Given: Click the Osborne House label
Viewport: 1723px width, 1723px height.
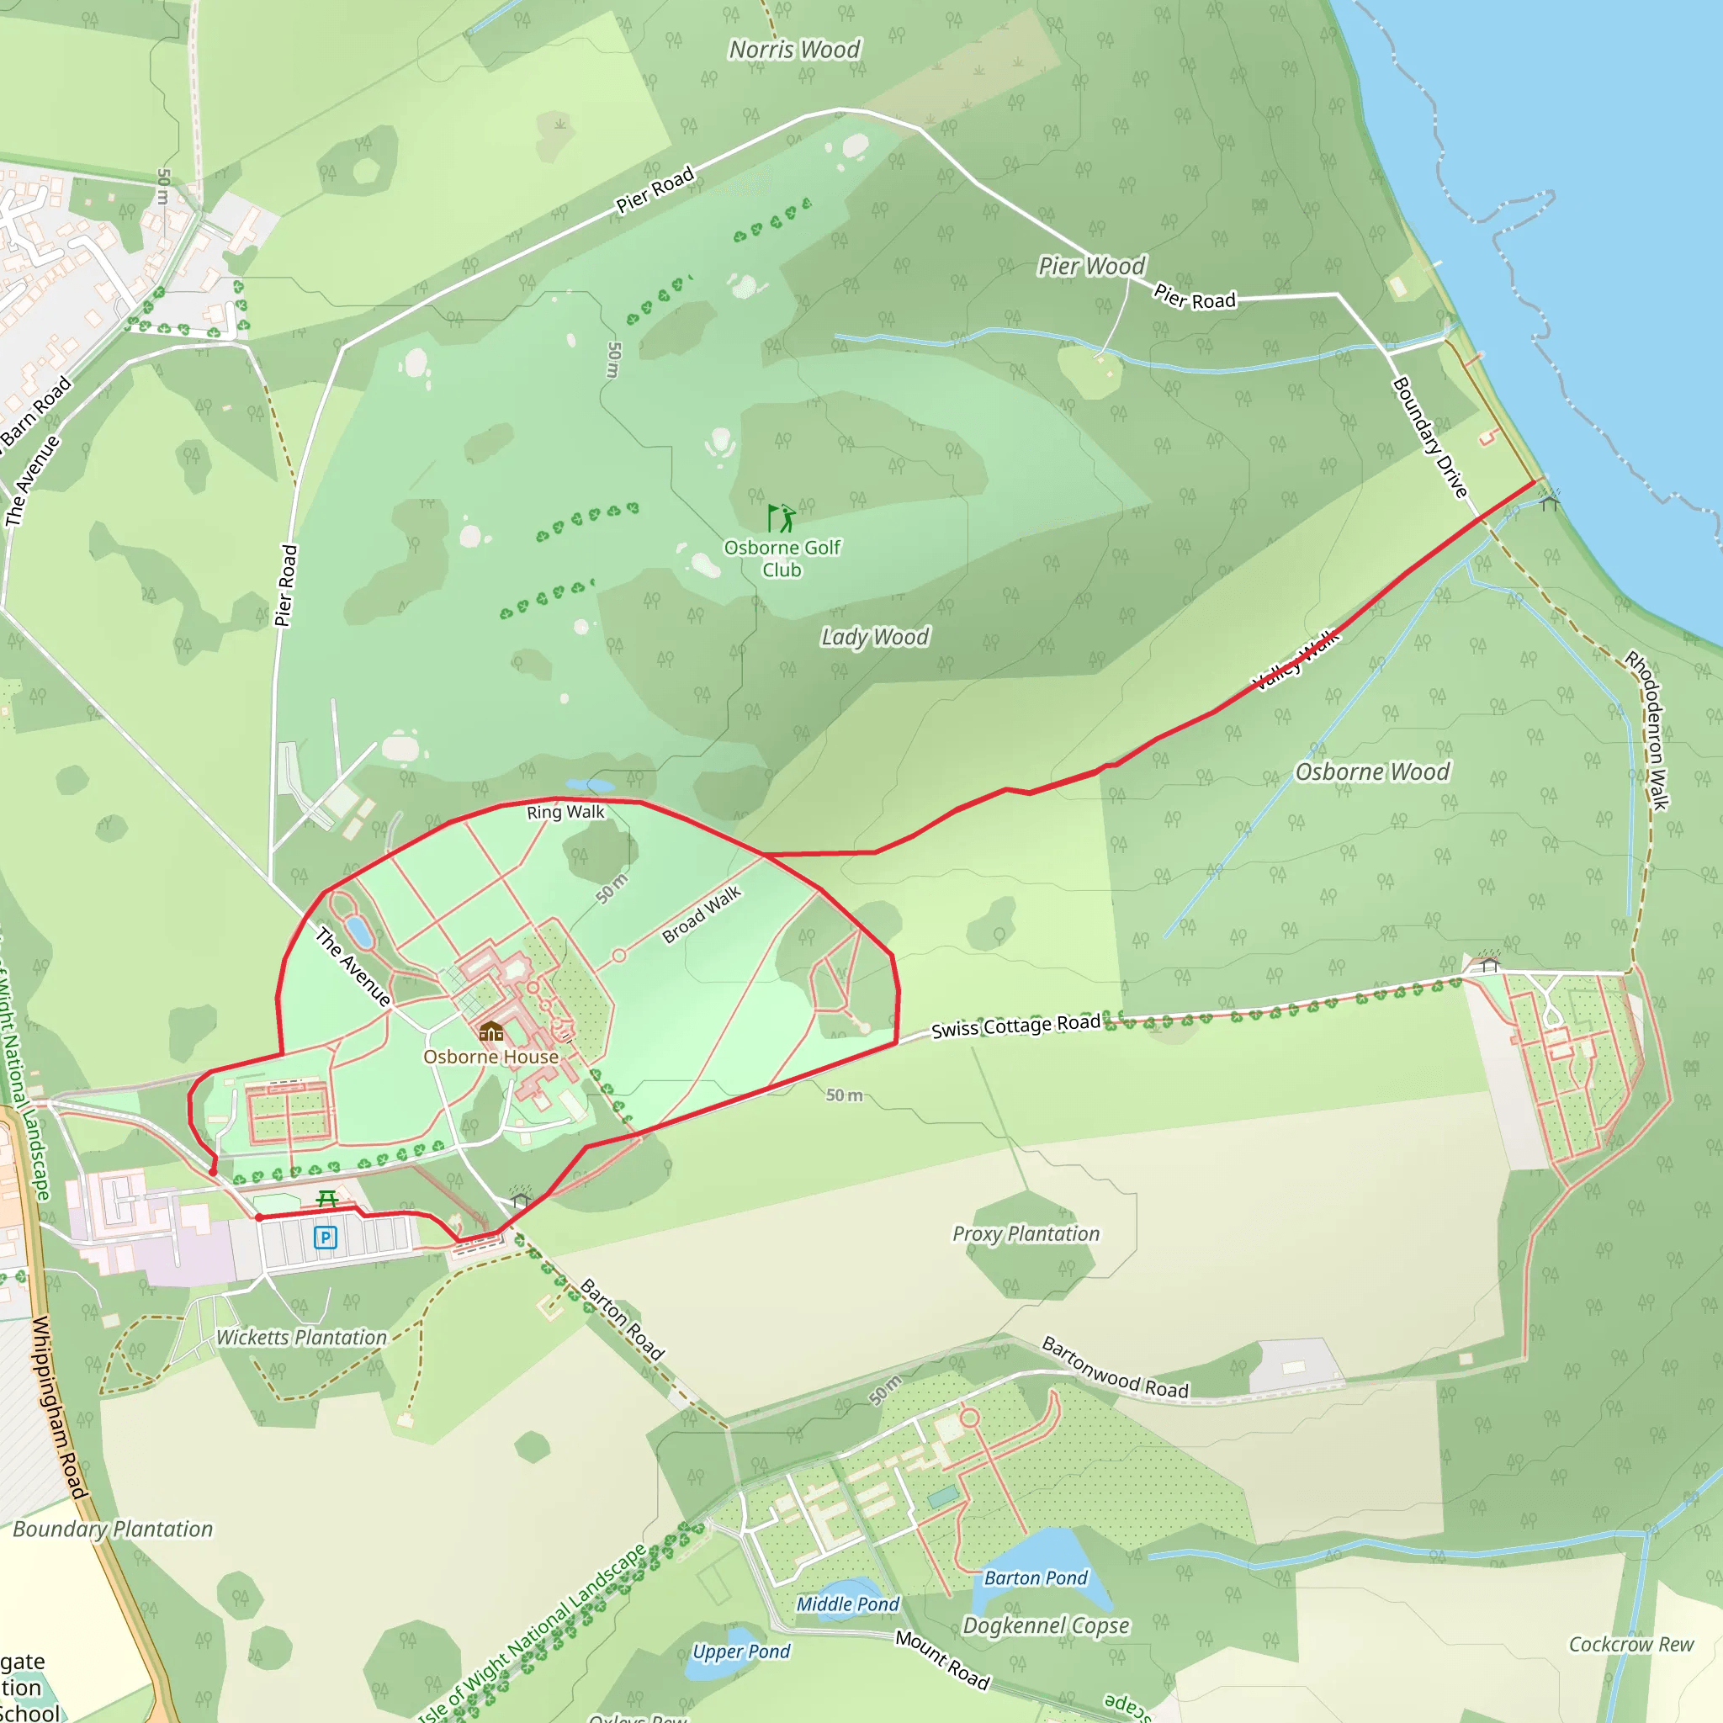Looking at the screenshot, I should (490, 1057).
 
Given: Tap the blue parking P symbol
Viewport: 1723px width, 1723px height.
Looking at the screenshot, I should (326, 1237).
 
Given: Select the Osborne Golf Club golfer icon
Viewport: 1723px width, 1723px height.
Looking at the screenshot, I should (782, 518).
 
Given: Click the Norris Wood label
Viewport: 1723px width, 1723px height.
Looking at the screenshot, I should (794, 50).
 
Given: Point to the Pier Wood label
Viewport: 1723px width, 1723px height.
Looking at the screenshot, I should (1091, 266).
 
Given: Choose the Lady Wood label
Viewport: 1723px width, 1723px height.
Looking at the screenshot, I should (875, 637).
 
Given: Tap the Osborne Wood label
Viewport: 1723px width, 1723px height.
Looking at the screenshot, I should (1372, 771).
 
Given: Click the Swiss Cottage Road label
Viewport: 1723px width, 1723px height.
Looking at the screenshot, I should (1015, 1026).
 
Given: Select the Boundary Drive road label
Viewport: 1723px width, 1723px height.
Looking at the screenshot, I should (1429, 437).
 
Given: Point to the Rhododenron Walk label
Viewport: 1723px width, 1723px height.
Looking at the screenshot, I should (1646, 730).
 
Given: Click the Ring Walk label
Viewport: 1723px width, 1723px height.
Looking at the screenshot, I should (565, 813).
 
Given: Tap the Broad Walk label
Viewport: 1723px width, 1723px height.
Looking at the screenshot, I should (702, 915).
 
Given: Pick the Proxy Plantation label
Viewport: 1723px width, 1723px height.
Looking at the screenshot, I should (1026, 1234).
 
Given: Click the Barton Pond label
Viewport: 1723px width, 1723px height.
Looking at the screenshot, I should (1036, 1577).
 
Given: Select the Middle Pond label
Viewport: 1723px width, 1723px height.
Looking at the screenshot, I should (847, 1604).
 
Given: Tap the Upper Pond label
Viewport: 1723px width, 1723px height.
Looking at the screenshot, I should (741, 1651).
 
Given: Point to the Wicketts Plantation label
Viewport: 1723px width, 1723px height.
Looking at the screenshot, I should (301, 1338).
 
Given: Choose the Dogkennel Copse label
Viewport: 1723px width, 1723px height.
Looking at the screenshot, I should (1046, 1625).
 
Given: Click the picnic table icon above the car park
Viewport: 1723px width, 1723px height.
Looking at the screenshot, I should (327, 1199).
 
